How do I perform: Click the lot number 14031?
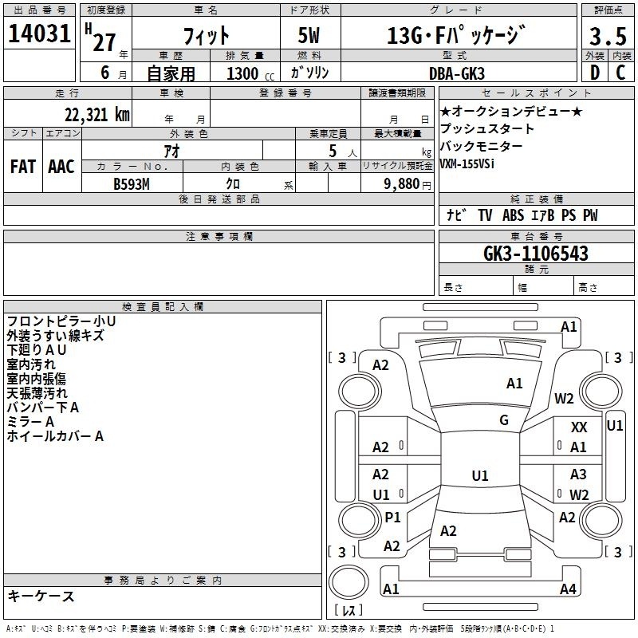39,33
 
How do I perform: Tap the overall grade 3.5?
608,36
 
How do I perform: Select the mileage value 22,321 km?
97,115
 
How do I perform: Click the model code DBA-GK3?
457,73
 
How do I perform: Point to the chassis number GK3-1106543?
536,254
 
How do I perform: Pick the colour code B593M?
132,184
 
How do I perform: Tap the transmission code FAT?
23,167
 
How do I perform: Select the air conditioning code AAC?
61,167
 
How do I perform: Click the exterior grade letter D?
595,73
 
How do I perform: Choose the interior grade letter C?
620,73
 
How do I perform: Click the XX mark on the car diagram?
579,427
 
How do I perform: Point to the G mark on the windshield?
504,420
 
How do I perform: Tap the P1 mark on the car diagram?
392,517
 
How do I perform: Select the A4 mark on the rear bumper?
568,589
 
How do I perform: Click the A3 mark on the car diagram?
578,474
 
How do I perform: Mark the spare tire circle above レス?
349,582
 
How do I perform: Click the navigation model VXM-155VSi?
467,163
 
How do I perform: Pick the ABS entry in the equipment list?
513,215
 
